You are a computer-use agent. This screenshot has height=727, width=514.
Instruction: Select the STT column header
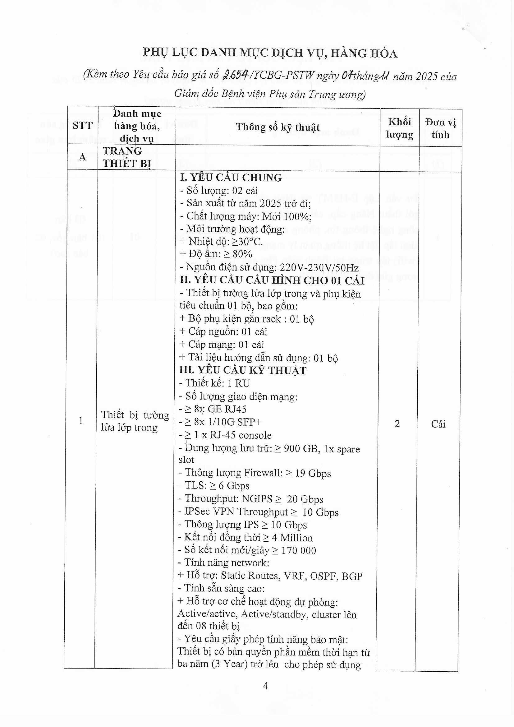[x=82, y=126]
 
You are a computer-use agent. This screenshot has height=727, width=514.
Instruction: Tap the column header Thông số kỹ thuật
[x=278, y=127]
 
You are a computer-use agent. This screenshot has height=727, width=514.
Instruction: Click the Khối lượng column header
[x=399, y=128]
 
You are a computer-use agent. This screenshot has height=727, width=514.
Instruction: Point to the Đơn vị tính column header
[x=440, y=128]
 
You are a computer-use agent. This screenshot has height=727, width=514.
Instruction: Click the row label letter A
[x=82, y=157]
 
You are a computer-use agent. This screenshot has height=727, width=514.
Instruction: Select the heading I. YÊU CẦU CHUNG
[x=231, y=178]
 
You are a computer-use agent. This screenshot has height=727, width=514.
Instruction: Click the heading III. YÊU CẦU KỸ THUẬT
[x=243, y=370]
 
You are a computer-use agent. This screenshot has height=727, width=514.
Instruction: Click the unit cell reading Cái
[x=438, y=424]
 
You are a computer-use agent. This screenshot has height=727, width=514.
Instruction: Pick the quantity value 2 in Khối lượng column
[x=397, y=424]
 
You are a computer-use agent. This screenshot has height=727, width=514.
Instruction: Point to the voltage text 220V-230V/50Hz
[x=319, y=268]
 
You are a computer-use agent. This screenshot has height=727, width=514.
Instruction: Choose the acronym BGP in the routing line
[x=352, y=576]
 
